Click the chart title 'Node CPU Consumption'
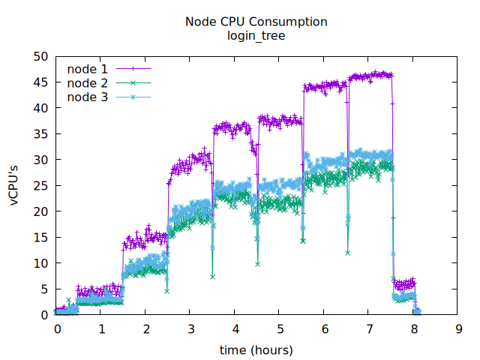(x=256, y=22)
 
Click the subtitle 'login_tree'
(x=256, y=35)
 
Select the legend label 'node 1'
(x=87, y=69)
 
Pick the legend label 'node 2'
(x=87, y=82)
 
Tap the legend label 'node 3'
(x=87, y=97)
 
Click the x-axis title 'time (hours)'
(x=256, y=350)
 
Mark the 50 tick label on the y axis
(x=40, y=56)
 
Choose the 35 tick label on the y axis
(x=40, y=134)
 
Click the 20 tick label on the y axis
(x=40, y=211)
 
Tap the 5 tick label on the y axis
(x=44, y=289)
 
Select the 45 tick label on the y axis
(x=40, y=82)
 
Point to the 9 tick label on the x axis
(x=458, y=329)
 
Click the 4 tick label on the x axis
(x=235, y=329)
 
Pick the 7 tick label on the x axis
(x=369, y=329)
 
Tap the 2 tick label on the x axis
(x=145, y=329)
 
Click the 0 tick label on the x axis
(x=56, y=329)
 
